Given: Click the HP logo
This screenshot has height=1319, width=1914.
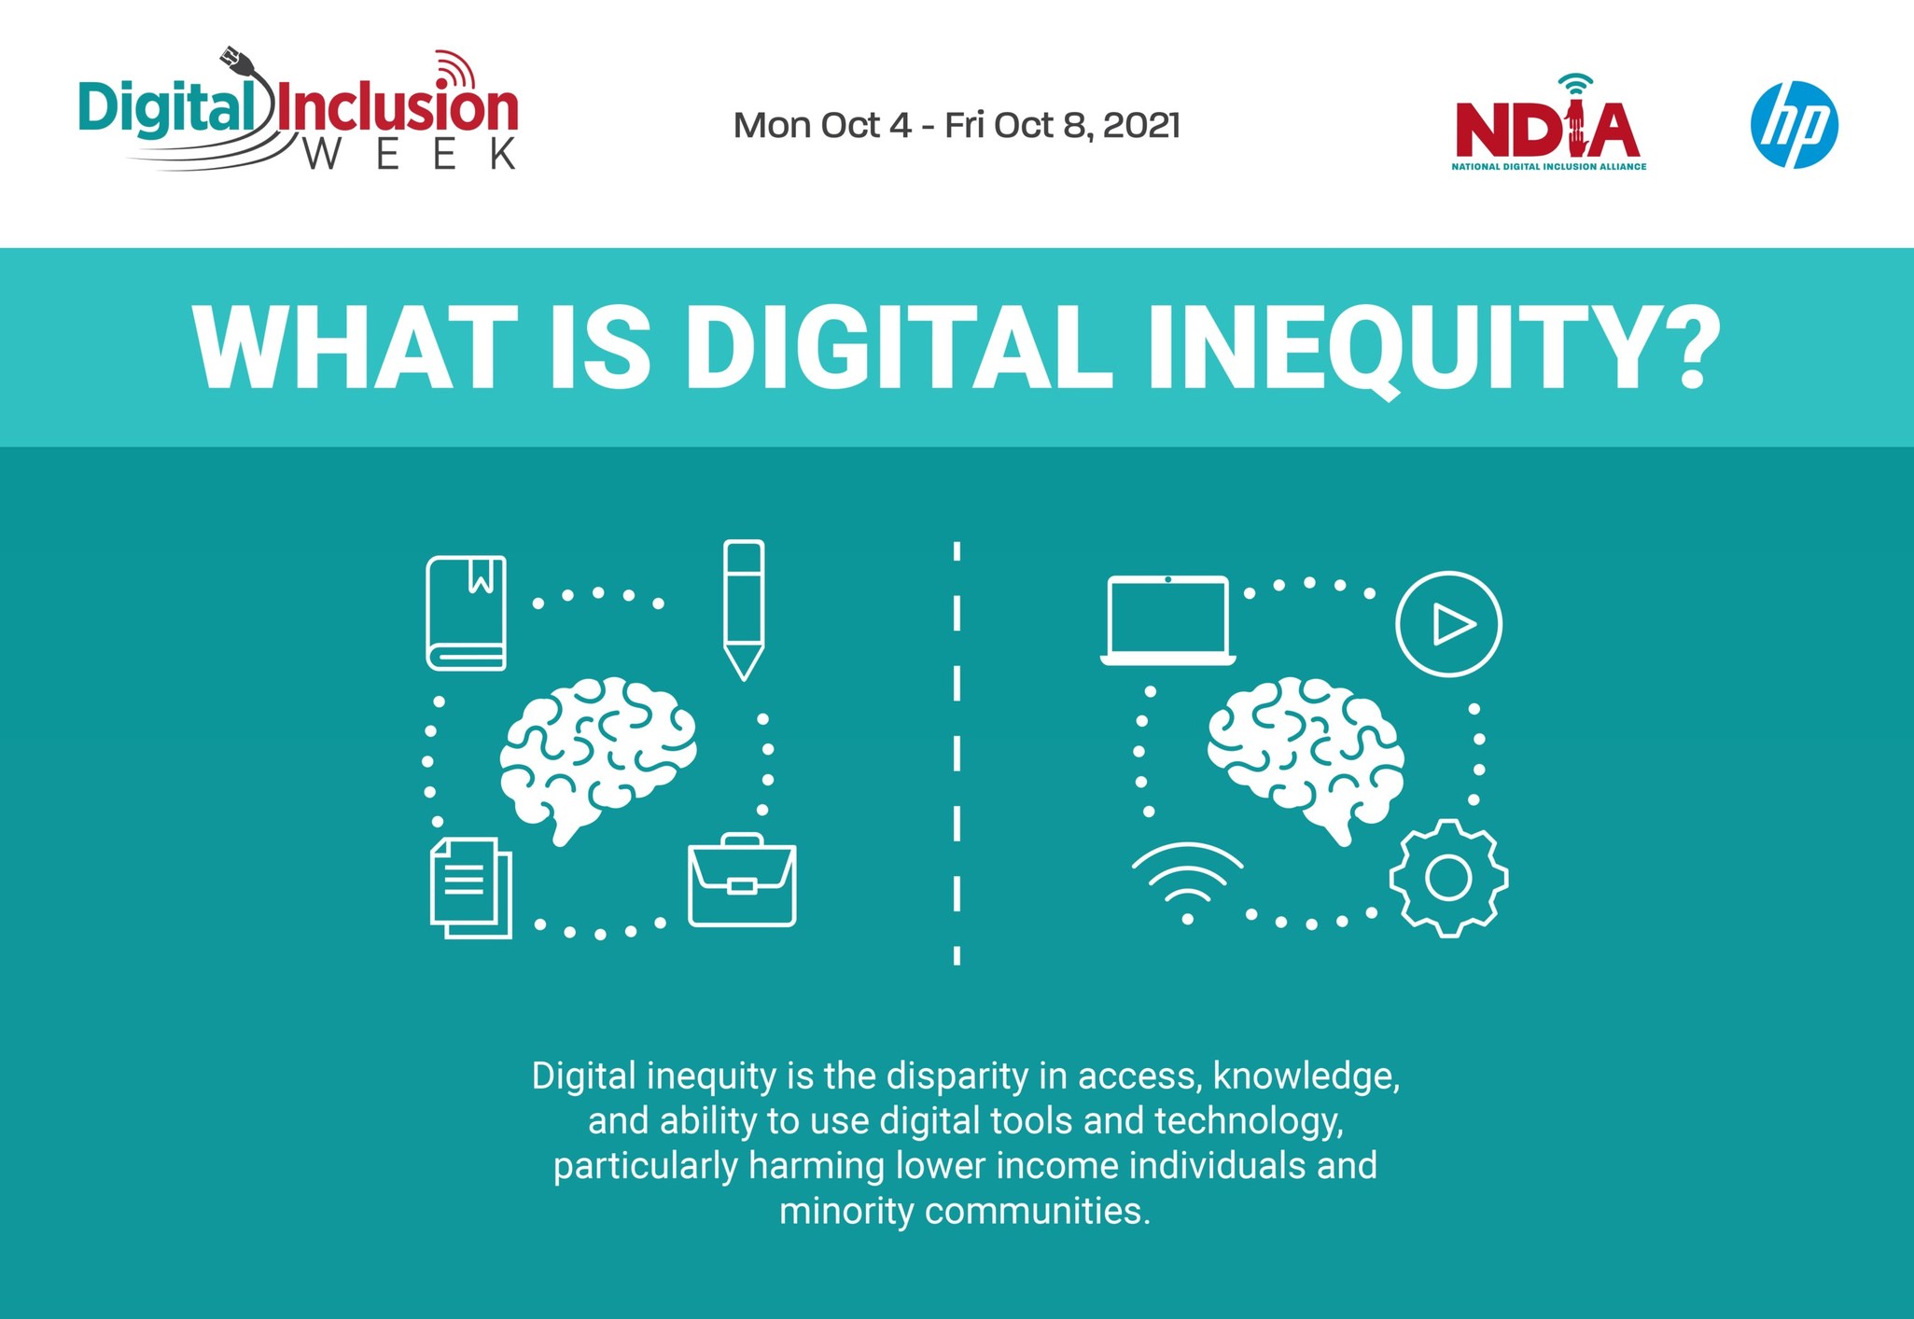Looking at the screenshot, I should click(x=1794, y=125).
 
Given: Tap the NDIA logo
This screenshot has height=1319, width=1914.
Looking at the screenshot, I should click(x=1548, y=125).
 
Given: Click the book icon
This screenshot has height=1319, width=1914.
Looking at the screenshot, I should click(x=467, y=613).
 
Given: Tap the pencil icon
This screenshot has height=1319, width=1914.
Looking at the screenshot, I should click(x=744, y=609).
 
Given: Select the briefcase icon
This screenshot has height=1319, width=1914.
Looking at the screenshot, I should click(x=742, y=880).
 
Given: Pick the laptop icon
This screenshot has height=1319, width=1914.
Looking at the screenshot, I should click(x=1168, y=620).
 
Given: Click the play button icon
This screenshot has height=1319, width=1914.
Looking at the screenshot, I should click(x=1448, y=624).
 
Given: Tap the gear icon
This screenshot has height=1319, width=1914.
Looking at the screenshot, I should click(x=1448, y=878).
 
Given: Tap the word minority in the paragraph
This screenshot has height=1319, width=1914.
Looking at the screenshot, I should click(x=845, y=1211).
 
